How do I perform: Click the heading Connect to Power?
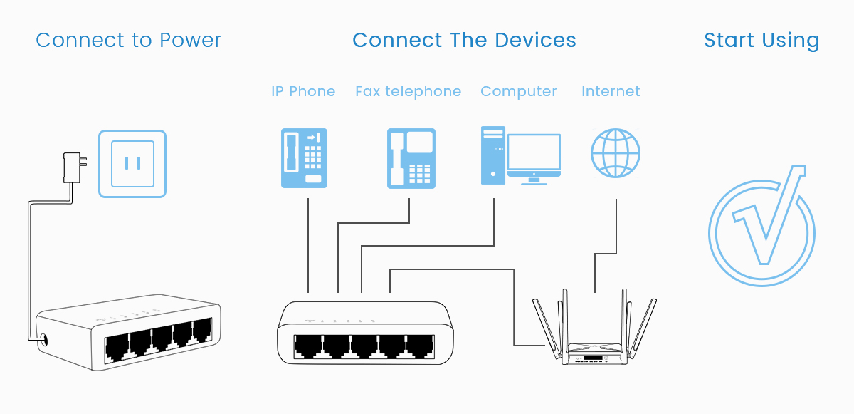pos(129,41)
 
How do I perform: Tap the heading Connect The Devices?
pos(464,41)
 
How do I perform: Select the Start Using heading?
pos(761,41)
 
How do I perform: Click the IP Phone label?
pos(303,92)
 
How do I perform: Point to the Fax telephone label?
pos(408,92)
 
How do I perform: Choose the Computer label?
pos(518,92)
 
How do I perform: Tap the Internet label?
pos(611,92)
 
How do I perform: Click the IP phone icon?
pos(304,157)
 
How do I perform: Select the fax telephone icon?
pos(411,158)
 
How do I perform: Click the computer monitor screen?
pos(534,152)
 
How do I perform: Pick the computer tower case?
pos(492,154)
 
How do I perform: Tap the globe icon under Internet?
pos(616,153)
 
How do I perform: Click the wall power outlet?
pos(132,163)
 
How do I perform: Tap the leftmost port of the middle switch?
pos(309,347)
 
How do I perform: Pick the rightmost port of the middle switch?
pos(420,347)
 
